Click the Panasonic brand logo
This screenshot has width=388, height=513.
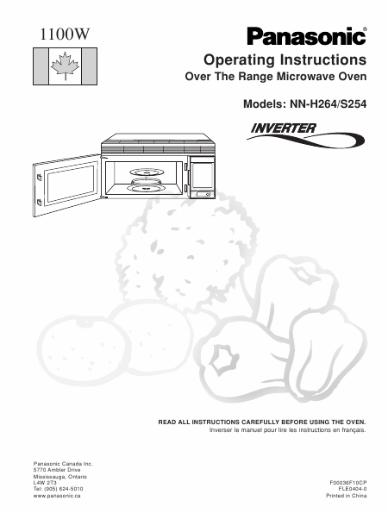click(x=307, y=36)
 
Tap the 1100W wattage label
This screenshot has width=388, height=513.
click(x=65, y=34)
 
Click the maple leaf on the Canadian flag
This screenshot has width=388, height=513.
click(x=66, y=66)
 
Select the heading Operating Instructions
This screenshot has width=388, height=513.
click(x=285, y=59)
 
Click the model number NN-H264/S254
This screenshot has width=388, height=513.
click(x=329, y=104)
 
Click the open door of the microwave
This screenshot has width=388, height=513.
click(x=66, y=185)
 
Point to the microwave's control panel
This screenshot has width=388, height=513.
click(x=203, y=178)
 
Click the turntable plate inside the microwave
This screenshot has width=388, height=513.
click(x=147, y=188)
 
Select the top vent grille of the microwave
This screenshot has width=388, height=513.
click(x=158, y=149)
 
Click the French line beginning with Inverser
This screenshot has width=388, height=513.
click(x=288, y=430)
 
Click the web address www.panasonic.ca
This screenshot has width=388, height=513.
click(x=57, y=496)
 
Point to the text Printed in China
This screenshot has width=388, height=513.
click(x=346, y=496)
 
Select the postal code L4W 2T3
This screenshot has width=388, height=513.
click(x=45, y=483)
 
